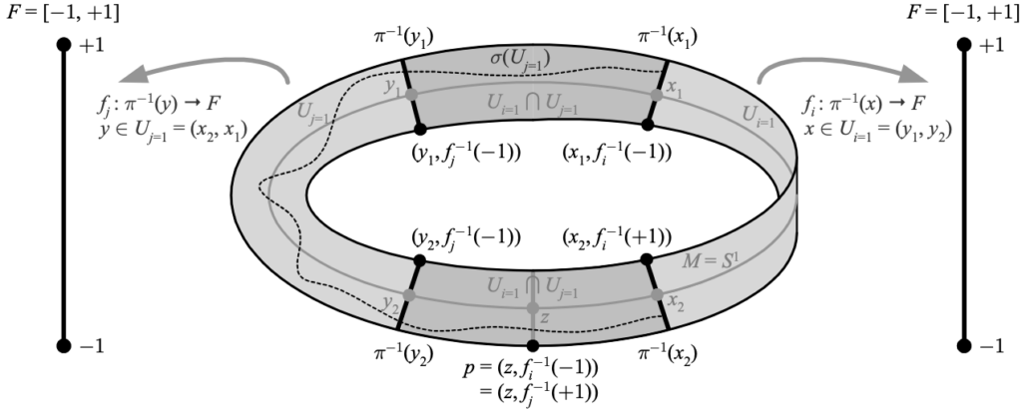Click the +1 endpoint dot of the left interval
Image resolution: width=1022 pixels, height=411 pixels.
click(x=63, y=44)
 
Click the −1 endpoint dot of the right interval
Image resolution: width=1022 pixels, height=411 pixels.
click(x=964, y=345)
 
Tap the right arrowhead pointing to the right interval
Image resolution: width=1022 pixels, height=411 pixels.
click(x=914, y=74)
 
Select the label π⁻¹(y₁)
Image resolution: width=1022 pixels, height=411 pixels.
click(x=401, y=39)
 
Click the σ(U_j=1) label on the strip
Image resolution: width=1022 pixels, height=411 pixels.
click(x=519, y=60)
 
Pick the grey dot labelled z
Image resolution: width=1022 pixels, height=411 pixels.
click(x=533, y=307)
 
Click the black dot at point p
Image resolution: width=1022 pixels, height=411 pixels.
click(x=533, y=345)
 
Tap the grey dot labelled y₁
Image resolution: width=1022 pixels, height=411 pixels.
click(x=411, y=95)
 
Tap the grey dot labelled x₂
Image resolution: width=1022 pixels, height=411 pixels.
click(x=657, y=294)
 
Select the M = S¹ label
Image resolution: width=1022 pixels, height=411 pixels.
click(x=711, y=261)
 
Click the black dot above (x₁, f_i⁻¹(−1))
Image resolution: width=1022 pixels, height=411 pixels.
click(x=647, y=125)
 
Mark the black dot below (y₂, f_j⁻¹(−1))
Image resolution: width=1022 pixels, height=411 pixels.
click(x=420, y=260)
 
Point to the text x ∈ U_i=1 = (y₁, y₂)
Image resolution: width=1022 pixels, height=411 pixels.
click(x=876, y=130)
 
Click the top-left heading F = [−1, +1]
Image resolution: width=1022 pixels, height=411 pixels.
click(x=63, y=12)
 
